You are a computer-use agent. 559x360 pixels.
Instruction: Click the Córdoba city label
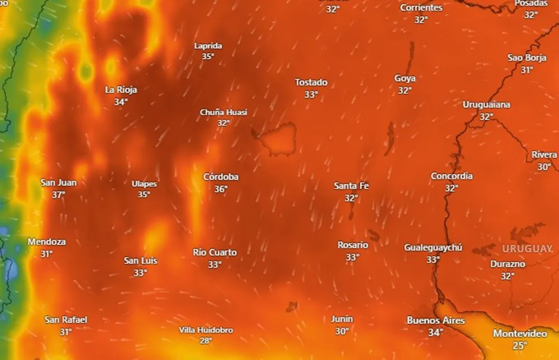[x=221, y=177]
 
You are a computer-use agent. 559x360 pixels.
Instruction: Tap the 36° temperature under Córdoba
[x=221, y=190]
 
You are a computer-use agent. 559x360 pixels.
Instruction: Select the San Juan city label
[x=59, y=182]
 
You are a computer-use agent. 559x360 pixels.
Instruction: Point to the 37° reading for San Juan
[x=59, y=195]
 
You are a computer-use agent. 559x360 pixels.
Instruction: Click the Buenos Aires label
[x=435, y=320]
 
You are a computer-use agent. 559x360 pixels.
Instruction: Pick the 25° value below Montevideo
[x=520, y=345]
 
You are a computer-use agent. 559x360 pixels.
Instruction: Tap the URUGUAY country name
[x=527, y=248]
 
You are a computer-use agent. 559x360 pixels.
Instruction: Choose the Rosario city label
[x=353, y=245]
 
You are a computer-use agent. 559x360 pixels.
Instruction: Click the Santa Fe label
[x=351, y=186]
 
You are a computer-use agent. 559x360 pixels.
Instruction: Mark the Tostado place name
[x=311, y=82]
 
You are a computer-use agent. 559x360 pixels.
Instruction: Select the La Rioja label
[x=121, y=89]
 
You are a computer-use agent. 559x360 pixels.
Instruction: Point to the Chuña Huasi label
[x=224, y=112]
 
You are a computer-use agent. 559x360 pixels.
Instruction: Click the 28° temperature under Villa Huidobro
[x=206, y=341]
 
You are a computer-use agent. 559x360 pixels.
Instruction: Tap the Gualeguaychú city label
[x=433, y=247]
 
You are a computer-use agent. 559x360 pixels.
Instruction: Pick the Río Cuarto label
[x=215, y=252]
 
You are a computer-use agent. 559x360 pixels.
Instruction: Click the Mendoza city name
[x=46, y=242]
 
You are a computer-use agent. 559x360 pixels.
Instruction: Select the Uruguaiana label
[x=486, y=105]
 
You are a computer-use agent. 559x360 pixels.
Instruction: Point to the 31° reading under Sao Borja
[x=527, y=70]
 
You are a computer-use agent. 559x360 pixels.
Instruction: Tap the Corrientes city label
[x=421, y=8]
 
